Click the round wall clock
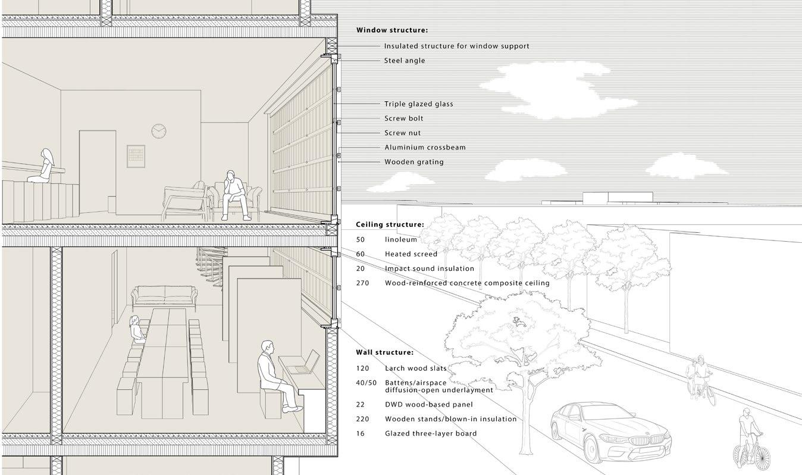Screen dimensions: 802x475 158,130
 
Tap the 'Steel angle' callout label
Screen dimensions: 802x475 405,60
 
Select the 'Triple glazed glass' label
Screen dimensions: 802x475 418,104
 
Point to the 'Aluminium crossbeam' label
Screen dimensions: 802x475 425,147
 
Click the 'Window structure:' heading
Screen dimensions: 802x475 391,30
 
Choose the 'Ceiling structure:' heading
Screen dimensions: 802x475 390,224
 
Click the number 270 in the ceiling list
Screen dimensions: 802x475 362,283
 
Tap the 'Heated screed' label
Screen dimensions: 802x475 411,254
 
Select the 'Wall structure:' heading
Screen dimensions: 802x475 384,352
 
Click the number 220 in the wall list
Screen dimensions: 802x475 362,418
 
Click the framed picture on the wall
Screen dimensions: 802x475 136,156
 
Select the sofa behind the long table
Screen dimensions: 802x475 164,294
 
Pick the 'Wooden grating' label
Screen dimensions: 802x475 413,162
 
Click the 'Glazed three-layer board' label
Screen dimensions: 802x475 430,433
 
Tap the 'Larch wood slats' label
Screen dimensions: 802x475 415,368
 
